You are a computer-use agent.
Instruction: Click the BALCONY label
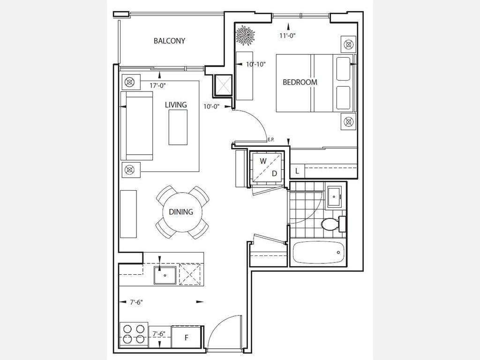169,41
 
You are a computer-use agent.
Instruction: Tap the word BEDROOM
300,82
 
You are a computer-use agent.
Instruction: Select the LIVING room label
176,105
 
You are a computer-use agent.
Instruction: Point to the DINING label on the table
181,211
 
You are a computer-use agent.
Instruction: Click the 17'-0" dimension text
157,86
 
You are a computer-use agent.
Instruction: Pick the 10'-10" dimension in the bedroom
255,64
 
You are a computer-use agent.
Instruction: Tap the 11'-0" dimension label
287,36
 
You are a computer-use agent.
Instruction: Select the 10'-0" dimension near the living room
212,106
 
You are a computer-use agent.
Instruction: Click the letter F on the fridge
187,337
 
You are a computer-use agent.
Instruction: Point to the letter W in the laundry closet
263,161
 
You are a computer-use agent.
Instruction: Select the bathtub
318,252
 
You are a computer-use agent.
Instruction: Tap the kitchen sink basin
165,275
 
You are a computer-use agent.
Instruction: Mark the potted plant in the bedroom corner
245,36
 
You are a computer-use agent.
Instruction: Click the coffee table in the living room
178,127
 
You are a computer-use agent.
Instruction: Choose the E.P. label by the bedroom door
271,140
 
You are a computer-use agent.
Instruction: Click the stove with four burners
134,334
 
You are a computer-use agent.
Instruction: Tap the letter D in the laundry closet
274,173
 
